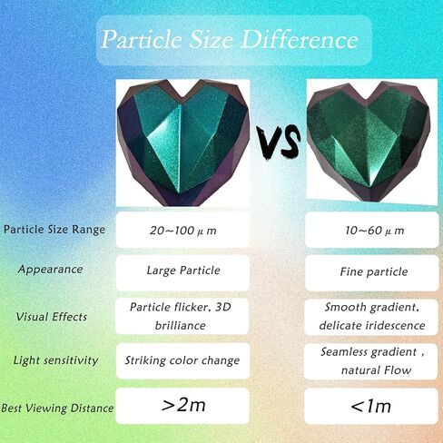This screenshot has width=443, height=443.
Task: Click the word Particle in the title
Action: click(142, 40)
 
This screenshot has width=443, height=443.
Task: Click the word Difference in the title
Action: click(300, 39)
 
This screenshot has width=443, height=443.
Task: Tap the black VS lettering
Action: click(278, 143)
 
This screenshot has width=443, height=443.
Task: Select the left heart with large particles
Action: click(182, 143)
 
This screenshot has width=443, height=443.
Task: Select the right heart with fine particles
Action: click(369, 141)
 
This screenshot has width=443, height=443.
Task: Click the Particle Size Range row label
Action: click(54, 230)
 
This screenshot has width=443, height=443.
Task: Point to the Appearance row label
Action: click(50, 270)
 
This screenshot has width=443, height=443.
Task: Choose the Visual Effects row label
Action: click(52, 317)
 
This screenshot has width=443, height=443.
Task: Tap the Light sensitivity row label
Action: click(55, 360)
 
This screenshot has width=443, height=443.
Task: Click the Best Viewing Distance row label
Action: click(57, 408)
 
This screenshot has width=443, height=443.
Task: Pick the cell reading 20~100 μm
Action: click(182, 230)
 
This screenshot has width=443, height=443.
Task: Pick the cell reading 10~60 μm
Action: click(372, 230)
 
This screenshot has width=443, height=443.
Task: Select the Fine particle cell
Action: click(372, 272)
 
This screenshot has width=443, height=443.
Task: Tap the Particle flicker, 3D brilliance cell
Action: click(182, 316)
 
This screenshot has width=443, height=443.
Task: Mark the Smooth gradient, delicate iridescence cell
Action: click(371, 317)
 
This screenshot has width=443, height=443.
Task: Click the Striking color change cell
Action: click(182, 360)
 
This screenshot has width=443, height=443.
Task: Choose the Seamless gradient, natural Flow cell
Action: click(371, 361)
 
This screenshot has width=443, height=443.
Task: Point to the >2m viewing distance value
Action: click(182, 406)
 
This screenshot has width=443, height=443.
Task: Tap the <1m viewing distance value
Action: click(371, 407)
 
